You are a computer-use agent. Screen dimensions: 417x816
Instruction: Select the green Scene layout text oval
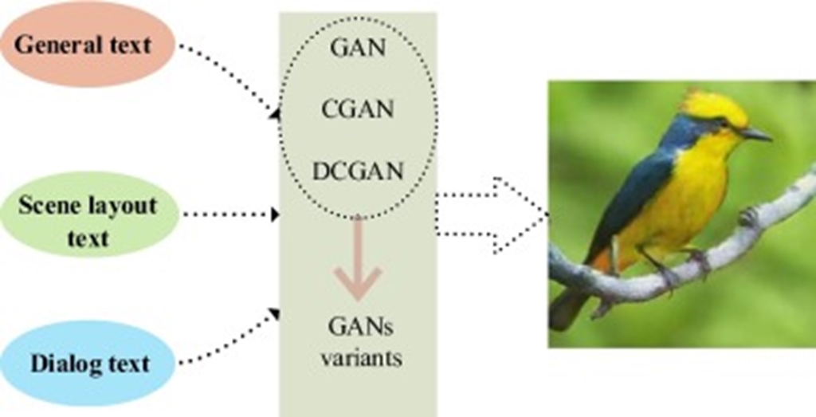[x=88, y=214]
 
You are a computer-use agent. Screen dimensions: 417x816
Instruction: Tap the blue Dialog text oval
[x=88, y=364]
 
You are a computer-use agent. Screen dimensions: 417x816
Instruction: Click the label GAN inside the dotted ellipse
[x=357, y=47]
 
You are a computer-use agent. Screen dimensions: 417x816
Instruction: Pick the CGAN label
[x=358, y=109]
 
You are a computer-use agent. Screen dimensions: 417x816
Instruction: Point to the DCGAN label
[x=358, y=171]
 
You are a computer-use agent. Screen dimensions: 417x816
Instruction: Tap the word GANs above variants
[x=360, y=327]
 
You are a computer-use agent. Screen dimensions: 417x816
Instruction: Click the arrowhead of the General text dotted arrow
[x=275, y=114]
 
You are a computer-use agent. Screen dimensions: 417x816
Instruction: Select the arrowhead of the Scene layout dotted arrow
[x=275, y=214]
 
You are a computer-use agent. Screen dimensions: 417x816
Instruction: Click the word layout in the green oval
[x=123, y=205]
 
